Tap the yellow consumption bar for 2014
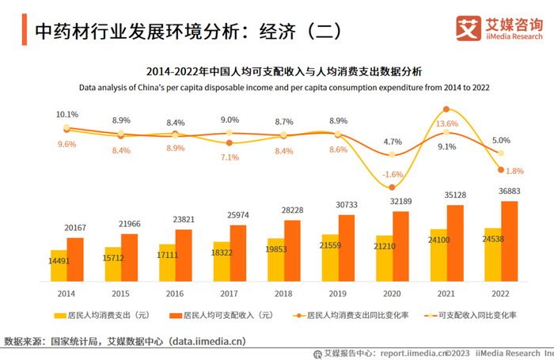pyautogui.click(x=59, y=265)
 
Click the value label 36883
pyautogui.click(x=509, y=191)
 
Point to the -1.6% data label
pyautogui.click(x=393, y=174)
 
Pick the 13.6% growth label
pyautogui.click(x=447, y=124)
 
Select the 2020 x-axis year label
pyautogui.click(x=393, y=292)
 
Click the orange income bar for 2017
pyautogui.click(x=238, y=252)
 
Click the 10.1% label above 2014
pyautogui.click(x=67, y=115)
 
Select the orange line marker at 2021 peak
pyautogui.click(x=447, y=109)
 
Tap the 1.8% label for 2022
pyautogui.click(x=514, y=171)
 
